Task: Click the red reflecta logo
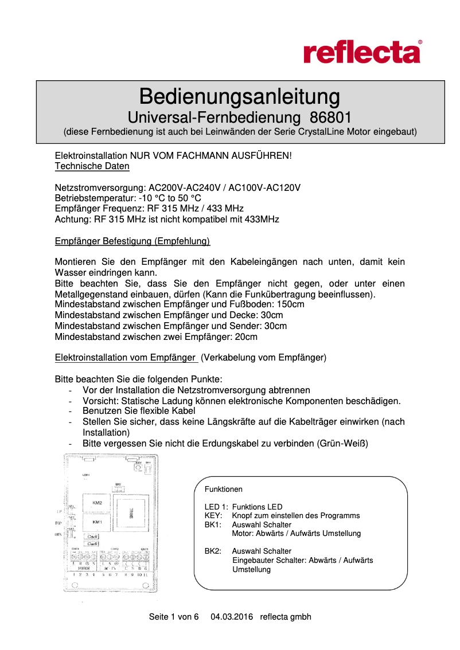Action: [362, 52]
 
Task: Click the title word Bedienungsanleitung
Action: [240, 95]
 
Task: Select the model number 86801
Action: [330, 118]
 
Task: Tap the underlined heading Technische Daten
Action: [92, 166]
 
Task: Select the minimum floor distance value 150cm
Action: [290, 304]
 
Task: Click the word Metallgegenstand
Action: [90, 294]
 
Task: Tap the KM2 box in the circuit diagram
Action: [97, 503]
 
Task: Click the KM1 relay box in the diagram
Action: [97, 522]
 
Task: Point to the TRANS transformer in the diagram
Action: [131, 512]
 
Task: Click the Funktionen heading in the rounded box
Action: [224, 490]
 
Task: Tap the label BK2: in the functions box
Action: [213, 551]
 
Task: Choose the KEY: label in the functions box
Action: [213, 515]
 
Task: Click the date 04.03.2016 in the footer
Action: [232, 617]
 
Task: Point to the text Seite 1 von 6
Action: [173, 617]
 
